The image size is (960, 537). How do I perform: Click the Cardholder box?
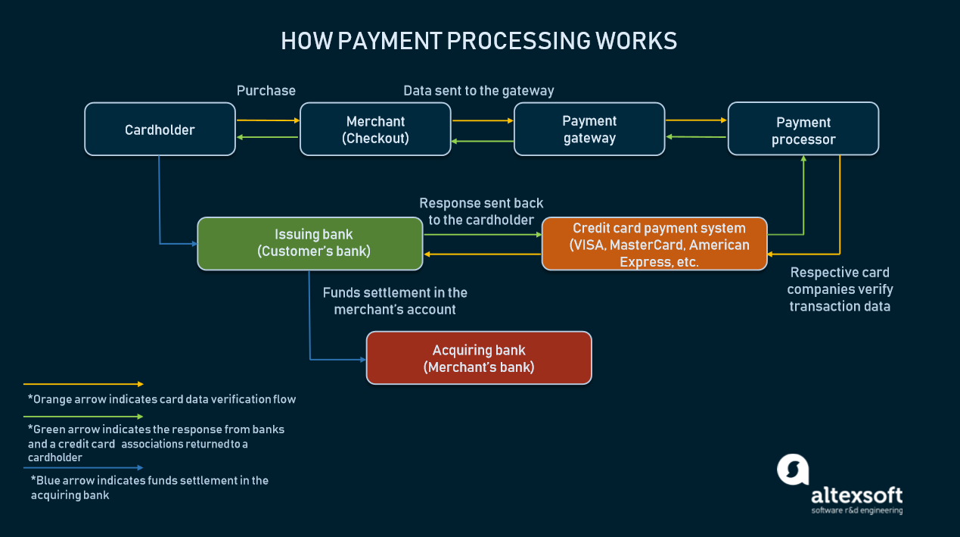[160, 130]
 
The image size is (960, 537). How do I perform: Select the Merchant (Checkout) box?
[375, 130]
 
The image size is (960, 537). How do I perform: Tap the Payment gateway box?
[589, 130]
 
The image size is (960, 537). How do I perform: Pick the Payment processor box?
[803, 130]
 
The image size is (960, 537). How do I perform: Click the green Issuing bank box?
[310, 243]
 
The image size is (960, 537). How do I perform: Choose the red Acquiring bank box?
[478, 358]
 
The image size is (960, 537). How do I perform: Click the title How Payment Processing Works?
[479, 41]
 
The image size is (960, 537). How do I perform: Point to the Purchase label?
[266, 91]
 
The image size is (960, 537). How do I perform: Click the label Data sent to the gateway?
[478, 91]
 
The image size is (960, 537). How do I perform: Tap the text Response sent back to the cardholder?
[481, 211]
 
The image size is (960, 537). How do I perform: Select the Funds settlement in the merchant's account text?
[395, 301]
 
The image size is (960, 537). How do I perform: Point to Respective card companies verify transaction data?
[840, 289]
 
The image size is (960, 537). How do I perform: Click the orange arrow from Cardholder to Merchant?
[268, 120]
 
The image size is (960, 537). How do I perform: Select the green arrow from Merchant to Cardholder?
[268, 137]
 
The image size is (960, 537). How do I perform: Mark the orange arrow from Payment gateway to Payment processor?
[695, 120]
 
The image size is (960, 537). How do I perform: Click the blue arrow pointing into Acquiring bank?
[337, 359]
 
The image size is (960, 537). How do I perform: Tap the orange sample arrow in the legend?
[83, 385]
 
